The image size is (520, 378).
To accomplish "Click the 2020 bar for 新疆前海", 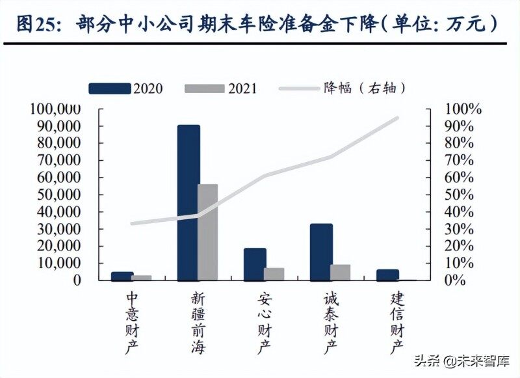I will click(188, 202).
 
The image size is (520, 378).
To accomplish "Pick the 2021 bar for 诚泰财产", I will click(341, 272).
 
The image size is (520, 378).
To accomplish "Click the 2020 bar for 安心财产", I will click(255, 264).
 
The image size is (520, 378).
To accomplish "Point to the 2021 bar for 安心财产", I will click(274, 274).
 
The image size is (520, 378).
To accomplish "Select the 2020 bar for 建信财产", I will click(387, 275).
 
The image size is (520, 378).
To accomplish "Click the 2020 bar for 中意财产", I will click(122, 276).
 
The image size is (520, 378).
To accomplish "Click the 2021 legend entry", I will click(221, 88).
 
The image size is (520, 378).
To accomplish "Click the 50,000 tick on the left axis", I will click(59, 195).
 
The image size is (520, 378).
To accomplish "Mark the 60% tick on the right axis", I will click(462, 177).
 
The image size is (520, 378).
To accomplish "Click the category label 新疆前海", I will click(198, 322).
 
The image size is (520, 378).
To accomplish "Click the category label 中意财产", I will click(132, 322).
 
